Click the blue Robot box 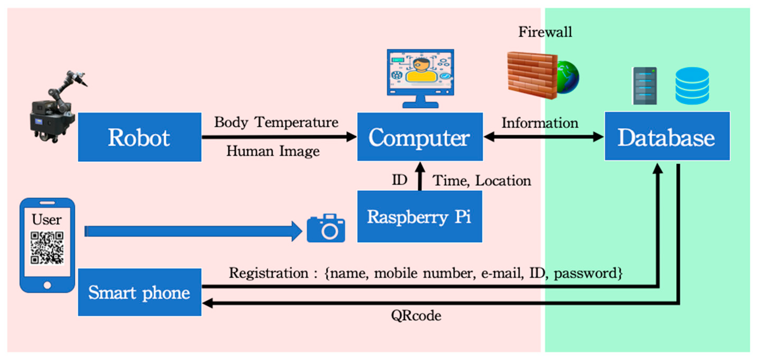click(x=140, y=137)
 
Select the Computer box click(x=420, y=137)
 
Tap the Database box click(x=667, y=136)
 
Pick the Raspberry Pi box click(x=420, y=217)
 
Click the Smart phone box click(x=140, y=292)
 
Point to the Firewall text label click(x=545, y=32)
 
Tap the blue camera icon click(x=326, y=229)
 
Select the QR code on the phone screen click(x=47, y=248)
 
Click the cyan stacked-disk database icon click(x=692, y=86)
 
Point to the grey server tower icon click(x=645, y=86)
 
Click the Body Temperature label click(x=276, y=122)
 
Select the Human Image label click(x=273, y=151)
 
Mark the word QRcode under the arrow click(x=416, y=316)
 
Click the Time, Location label click(x=482, y=181)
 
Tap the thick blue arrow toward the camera click(x=191, y=231)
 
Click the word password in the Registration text click(x=588, y=273)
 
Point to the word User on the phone click(x=47, y=219)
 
